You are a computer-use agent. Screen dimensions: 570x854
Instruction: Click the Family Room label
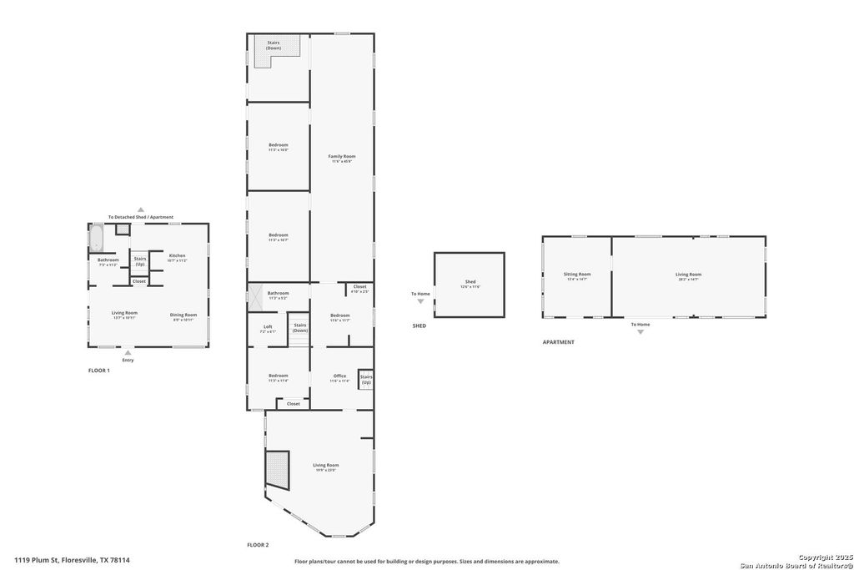click(342, 157)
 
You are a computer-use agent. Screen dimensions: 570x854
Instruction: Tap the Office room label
click(339, 376)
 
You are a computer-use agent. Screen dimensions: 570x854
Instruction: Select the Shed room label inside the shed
click(470, 282)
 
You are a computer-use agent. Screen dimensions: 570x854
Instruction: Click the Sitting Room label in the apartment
click(577, 275)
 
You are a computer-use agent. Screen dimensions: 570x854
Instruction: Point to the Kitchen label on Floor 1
click(177, 256)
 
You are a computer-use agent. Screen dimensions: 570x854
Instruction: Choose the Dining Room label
click(183, 314)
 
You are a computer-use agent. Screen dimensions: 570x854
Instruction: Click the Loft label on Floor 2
click(268, 327)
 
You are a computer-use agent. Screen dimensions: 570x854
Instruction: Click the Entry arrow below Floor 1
click(128, 353)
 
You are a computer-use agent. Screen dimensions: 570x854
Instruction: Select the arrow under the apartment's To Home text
click(640, 332)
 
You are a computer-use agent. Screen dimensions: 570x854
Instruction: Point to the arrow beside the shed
click(420, 301)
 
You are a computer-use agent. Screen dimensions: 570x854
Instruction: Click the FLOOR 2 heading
click(258, 545)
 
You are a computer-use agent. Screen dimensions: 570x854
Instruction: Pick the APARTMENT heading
click(558, 342)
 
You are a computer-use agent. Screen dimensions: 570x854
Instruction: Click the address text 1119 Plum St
click(71, 560)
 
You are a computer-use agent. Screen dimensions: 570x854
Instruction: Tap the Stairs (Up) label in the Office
click(365, 379)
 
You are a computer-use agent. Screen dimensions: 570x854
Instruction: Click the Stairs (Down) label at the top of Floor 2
click(274, 45)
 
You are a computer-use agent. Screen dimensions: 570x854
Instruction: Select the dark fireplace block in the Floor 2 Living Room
click(277, 470)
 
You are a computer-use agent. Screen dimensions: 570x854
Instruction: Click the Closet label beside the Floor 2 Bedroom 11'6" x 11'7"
click(359, 287)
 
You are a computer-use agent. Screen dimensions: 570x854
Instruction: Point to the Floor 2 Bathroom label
click(278, 294)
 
